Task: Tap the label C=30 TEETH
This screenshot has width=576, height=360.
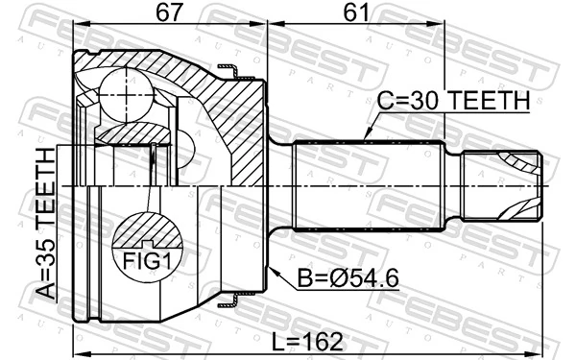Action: coord(454,100)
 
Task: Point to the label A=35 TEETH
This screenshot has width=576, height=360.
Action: coord(44,226)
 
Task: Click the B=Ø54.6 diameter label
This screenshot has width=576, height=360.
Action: coord(348,279)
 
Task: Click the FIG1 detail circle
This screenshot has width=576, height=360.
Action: coord(148,244)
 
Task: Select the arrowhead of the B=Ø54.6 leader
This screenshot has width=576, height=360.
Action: coord(271,264)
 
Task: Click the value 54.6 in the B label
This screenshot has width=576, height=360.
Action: coord(371,279)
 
